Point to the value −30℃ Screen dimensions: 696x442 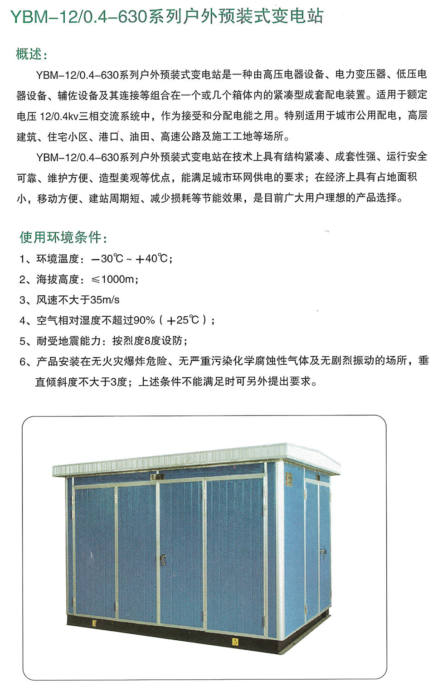pyautogui.click(x=107, y=259)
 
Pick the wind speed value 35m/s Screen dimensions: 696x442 pyautogui.click(x=105, y=300)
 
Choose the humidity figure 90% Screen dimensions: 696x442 pyautogui.click(x=144, y=320)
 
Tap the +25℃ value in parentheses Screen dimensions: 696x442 pyautogui.click(x=183, y=320)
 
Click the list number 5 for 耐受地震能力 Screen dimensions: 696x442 pyautogui.click(x=23, y=341)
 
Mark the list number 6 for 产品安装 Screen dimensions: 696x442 pyautogui.click(x=23, y=362)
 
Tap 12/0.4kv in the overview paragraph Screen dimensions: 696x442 pyautogui.click(x=59, y=116)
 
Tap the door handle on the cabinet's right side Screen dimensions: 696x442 pyautogui.click(x=323, y=552)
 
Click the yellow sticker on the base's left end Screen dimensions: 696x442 pyautogui.click(x=94, y=623)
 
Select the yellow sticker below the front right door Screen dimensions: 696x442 pyautogui.click(x=235, y=641)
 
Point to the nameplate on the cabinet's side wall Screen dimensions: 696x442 pyautogui.click(x=289, y=478)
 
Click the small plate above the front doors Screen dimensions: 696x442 pyautogui.click(x=157, y=477)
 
